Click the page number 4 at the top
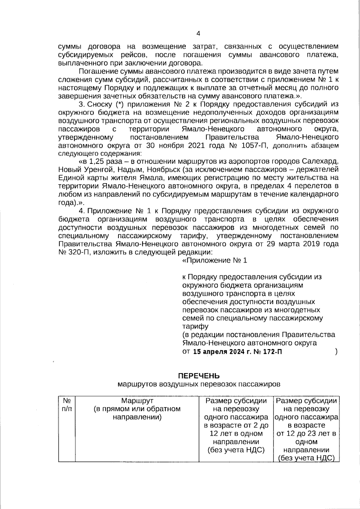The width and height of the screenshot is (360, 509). [x=198, y=33]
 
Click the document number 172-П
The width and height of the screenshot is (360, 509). [x=272, y=352]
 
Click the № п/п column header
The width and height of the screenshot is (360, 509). [x=67, y=405]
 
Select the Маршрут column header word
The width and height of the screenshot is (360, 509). [x=137, y=401]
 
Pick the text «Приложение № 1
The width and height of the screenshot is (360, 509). [x=214, y=260]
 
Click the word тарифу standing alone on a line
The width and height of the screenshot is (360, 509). [x=195, y=326]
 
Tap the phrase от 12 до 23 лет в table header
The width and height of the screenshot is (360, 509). [x=306, y=433]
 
